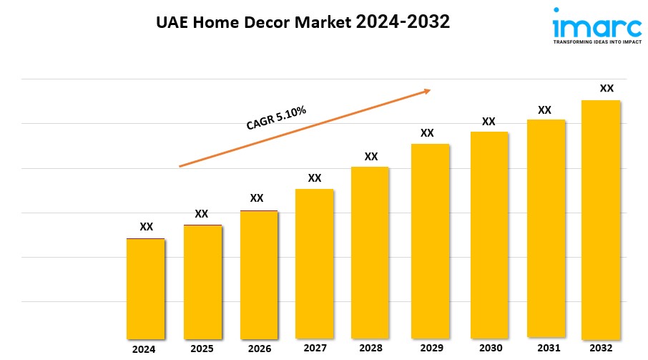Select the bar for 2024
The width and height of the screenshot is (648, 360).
(146, 288)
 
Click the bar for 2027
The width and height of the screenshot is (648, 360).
(314, 263)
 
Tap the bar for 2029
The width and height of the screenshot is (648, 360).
(430, 241)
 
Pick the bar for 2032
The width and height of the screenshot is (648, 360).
(600, 219)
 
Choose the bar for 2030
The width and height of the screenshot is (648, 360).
(489, 235)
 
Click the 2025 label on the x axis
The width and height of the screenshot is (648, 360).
(202, 349)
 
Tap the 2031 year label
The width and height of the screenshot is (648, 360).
(545, 349)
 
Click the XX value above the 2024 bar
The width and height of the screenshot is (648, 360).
(147, 227)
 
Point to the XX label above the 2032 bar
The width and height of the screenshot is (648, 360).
(607, 88)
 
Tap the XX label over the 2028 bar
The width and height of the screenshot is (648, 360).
(370, 156)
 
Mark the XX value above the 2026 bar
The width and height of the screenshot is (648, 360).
(257, 198)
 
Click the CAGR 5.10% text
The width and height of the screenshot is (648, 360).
(276, 117)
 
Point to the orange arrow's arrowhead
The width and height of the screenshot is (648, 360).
(427, 90)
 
